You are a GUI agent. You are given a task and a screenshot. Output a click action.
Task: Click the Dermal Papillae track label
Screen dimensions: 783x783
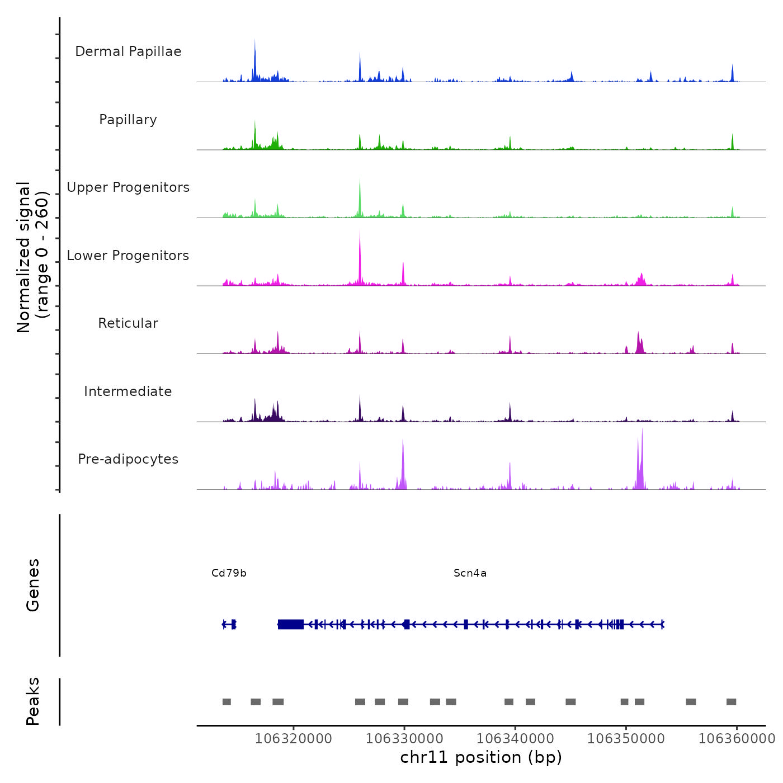[x=128, y=51]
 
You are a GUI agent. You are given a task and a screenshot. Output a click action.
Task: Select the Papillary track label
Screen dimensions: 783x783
[x=128, y=120]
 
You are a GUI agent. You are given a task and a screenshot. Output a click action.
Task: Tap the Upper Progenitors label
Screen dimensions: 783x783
[x=128, y=187]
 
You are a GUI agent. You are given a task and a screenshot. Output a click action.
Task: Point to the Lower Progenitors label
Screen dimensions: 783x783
[x=128, y=256]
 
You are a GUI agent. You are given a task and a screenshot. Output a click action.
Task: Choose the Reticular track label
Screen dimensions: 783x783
[x=128, y=323]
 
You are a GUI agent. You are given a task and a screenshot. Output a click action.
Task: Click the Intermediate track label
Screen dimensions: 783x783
[x=128, y=391]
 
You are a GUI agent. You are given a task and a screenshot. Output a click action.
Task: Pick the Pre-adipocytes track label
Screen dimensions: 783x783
[x=128, y=459]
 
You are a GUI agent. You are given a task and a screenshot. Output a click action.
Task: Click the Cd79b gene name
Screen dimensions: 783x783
[x=229, y=573]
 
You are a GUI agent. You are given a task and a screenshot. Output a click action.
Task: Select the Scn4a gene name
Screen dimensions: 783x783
[x=470, y=573]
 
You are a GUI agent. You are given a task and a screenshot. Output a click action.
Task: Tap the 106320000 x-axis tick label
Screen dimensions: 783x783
[x=293, y=739]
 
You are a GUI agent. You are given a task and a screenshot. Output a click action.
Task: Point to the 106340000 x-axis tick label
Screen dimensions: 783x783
[x=515, y=739]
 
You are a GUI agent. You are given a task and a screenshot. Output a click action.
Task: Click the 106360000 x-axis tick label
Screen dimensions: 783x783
[x=737, y=739]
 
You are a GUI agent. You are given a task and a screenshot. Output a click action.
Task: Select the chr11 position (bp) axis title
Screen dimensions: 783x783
[x=481, y=758]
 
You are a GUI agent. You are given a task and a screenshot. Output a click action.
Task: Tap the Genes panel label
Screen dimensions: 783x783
[x=33, y=585]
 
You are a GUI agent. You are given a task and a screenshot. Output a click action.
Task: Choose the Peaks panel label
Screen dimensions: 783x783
[x=33, y=701]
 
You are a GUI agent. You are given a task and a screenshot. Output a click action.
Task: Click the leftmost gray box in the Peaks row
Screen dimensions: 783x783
[x=227, y=702]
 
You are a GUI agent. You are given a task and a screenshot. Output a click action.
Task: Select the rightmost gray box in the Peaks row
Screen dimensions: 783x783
[x=731, y=702]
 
